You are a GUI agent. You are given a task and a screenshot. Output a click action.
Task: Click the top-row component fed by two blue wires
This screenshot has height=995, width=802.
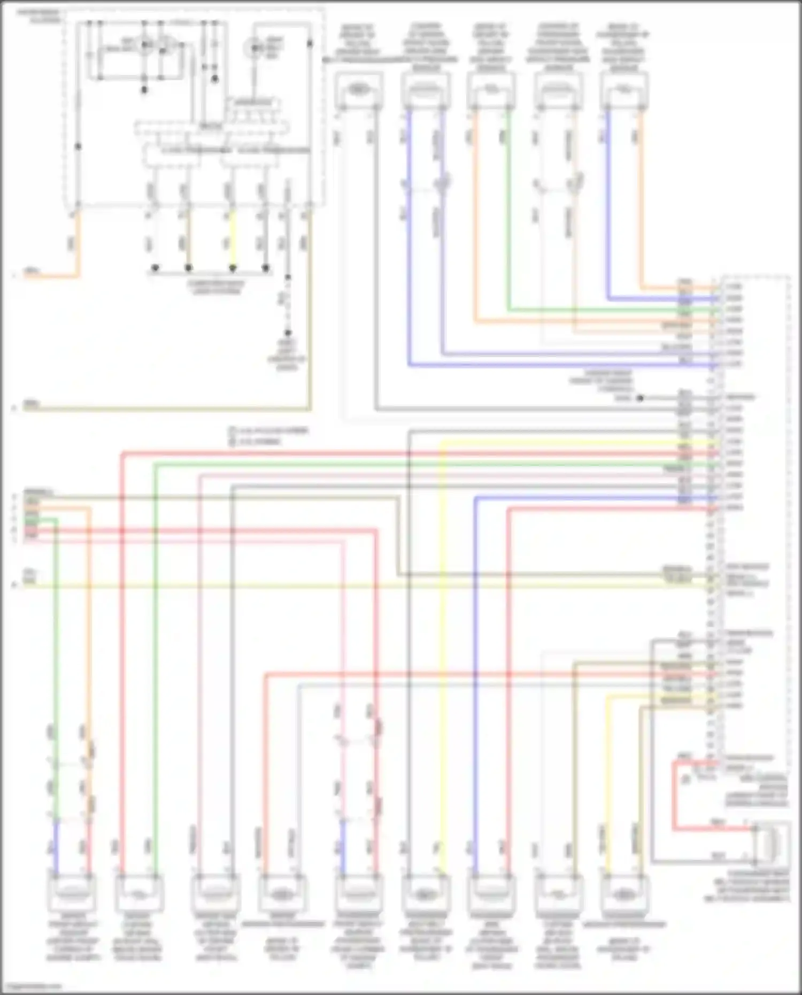[426, 89]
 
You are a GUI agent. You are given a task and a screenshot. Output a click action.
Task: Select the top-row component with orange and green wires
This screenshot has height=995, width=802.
[491, 89]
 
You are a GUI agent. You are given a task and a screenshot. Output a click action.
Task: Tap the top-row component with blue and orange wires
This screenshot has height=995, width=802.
[623, 89]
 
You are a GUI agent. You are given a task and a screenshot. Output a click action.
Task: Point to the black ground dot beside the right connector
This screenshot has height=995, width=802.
[639, 398]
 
